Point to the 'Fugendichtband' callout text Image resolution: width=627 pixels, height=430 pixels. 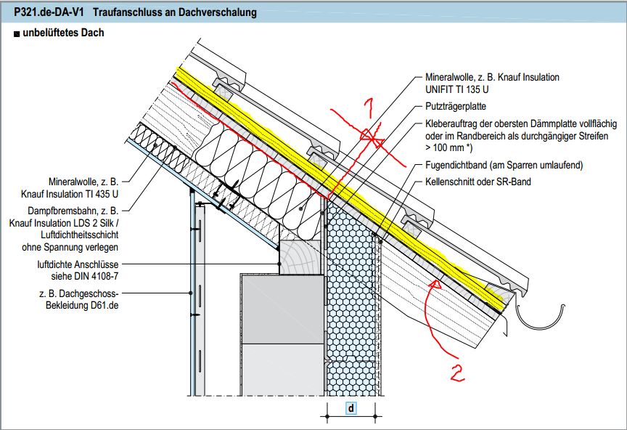(x=504, y=166)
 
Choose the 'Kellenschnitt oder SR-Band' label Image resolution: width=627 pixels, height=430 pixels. (x=478, y=181)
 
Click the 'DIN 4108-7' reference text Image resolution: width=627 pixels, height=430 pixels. (x=96, y=277)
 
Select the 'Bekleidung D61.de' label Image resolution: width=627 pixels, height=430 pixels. (x=77, y=307)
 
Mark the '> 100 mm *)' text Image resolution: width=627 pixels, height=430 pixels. (x=450, y=147)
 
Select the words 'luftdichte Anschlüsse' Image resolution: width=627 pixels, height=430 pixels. (x=80, y=265)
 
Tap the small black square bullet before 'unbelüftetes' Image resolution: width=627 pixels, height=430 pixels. (x=17, y=33)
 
